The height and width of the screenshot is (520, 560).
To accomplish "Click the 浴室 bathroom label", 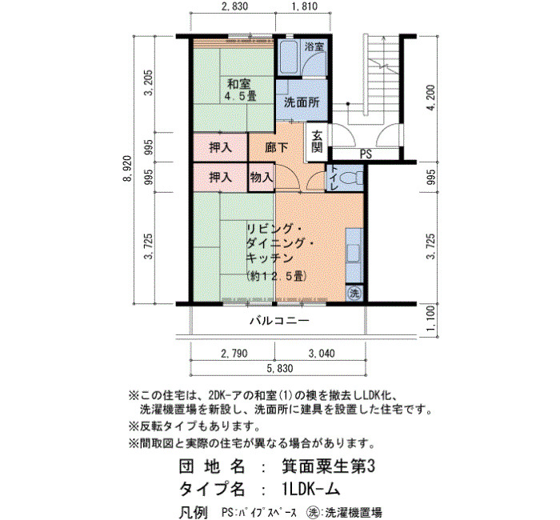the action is (x=314, y=46).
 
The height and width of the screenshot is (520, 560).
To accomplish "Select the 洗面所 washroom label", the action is (x=302, y=102).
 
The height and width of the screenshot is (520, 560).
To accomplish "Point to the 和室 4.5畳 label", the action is (x=240, y=90).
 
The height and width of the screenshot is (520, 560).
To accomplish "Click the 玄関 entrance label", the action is (x=317, y=142).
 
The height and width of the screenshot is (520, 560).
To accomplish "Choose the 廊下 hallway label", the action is (x=277, y=147).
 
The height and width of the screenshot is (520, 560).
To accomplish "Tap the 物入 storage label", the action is (x=262, y=177).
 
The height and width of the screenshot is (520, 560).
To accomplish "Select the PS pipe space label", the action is (x=366, y=154).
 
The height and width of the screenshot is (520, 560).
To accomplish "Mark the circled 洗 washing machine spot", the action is (x=354, y=294).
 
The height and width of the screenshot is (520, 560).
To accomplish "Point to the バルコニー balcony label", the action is (x=279, y=321).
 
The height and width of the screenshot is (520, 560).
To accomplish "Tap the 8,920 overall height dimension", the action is (x=127, y=169).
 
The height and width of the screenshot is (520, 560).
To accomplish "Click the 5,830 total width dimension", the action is (x=280, y=368).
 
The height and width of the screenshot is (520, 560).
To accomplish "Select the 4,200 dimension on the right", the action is (x=431, y=98).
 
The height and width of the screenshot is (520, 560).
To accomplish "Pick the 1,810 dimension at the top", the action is (x=304, y=6).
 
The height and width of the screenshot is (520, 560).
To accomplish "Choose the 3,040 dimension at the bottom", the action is (x=322, y=354).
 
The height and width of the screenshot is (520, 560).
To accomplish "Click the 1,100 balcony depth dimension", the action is (x=431, y=318).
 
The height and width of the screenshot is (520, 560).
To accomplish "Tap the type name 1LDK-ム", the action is (x=310, y=489).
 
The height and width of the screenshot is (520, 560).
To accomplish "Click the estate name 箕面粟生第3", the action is (x=328, y=466).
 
